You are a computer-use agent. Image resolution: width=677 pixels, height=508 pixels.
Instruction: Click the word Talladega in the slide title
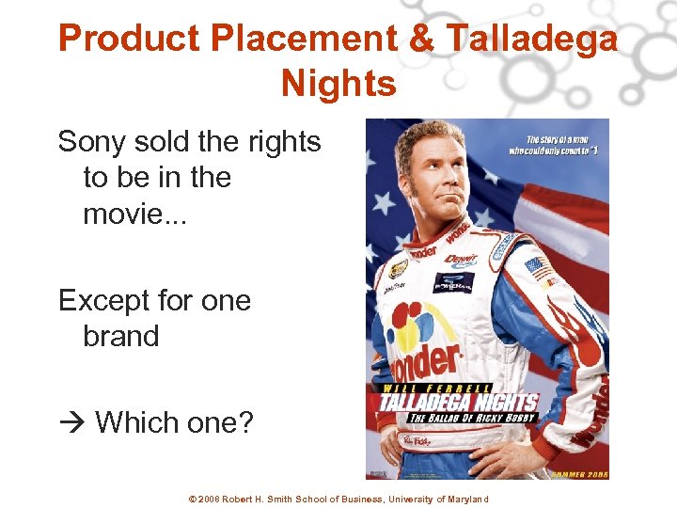pyautogui.click(x=531, y=39)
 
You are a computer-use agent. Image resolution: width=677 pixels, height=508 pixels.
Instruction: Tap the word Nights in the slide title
pyautogui.click(x=338, y=84)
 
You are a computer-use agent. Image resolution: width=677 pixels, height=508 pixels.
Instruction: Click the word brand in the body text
pyautogui.click(x=121, y=336)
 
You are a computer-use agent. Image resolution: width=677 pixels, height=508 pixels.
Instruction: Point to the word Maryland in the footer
pyautogui.click(x=461, y=499)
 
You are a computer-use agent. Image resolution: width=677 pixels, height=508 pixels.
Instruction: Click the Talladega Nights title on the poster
pyautogui.click(x=459, y=402)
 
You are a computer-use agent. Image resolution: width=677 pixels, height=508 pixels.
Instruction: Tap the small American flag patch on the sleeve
pyautogui.click(x=538, y=266)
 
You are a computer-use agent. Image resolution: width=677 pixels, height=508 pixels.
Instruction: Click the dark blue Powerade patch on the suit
pyautogui.click(x=452, y=281)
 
